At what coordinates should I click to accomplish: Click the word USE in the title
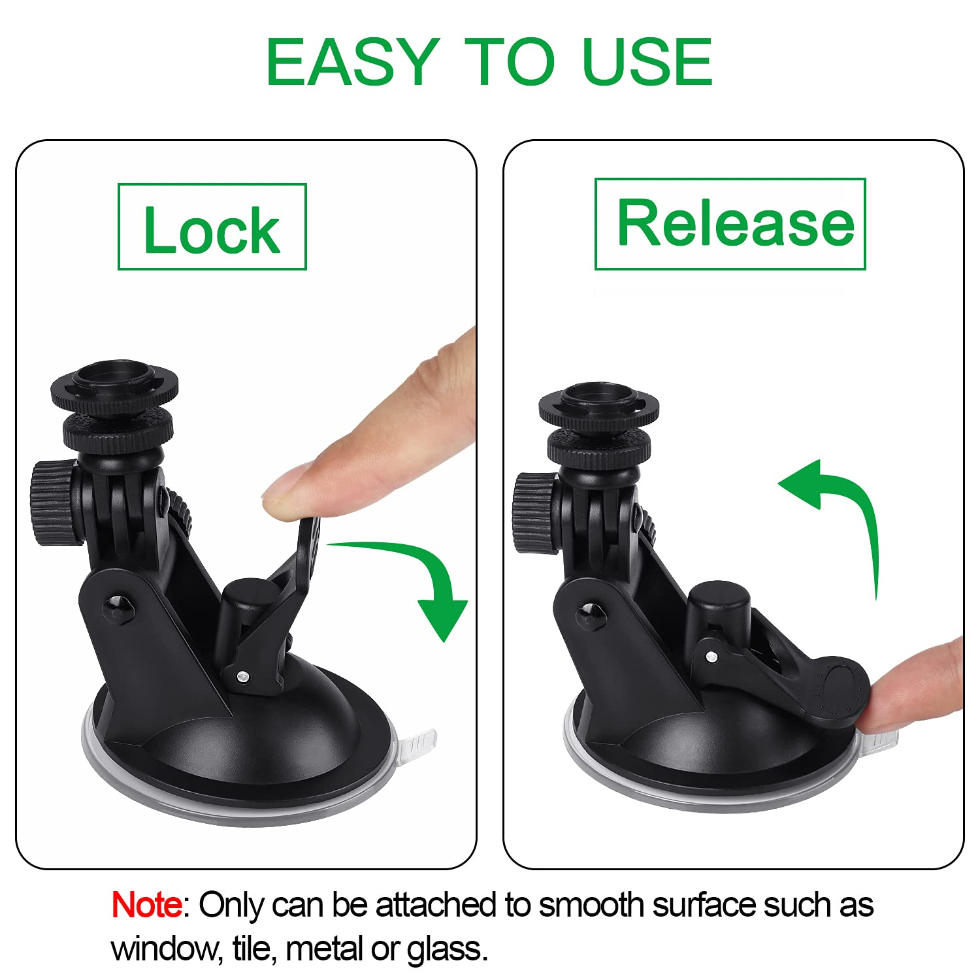click(647, 62)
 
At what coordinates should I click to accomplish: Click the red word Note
click(146, 906)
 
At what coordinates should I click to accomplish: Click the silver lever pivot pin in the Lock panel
click(242, 677)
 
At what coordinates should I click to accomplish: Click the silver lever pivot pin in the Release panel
click(711, 655)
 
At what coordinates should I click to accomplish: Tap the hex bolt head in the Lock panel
click(118, 608)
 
